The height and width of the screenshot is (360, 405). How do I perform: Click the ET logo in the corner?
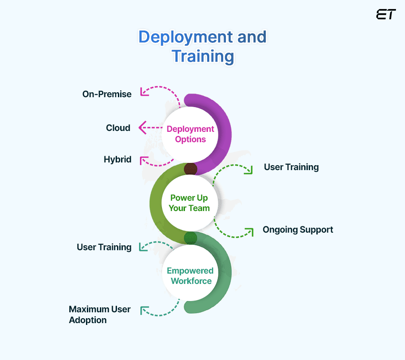tap(386, 14)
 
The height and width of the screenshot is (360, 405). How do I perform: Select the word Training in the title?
tap(202, 57)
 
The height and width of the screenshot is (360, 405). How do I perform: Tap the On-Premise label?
tap(107, 94)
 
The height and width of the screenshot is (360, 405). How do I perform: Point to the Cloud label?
tap(118, 128)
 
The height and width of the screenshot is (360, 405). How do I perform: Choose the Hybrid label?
tap(117, 159)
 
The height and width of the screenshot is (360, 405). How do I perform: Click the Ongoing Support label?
tap(298, 229)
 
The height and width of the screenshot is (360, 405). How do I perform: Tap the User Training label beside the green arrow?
tap(291, 167)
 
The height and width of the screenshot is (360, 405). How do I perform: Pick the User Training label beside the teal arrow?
tap(104, 247)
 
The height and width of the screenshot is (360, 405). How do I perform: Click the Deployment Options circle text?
tap(190, 134)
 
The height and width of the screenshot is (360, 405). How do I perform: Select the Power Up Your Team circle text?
tap(189, 203)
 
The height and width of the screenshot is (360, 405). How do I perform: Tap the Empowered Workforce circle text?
tap(190, 276)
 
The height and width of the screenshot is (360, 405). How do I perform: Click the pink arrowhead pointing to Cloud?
tap(142, 128)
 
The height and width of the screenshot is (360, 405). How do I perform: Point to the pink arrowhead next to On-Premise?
tap(144, 92)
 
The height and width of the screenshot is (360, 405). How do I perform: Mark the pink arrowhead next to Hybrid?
tap(144, 160)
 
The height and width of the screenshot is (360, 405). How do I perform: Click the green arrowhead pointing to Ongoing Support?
tap(249, 232)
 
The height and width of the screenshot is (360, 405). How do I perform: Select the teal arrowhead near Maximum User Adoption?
tap(144, 310)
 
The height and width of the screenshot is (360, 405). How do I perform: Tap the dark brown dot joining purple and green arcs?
tap(190, 169)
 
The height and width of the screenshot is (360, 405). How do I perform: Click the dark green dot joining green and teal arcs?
tap(190, 238)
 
